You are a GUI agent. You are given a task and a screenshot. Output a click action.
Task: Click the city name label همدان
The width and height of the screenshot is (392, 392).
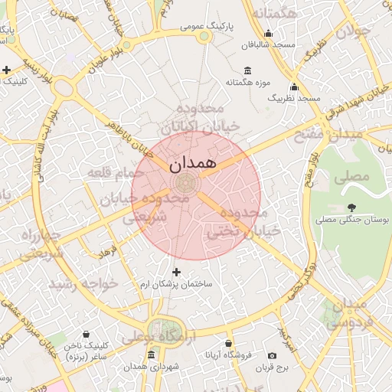point(193,163)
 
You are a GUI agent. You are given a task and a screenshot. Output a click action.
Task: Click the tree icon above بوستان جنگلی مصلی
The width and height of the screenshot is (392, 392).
point(352,207)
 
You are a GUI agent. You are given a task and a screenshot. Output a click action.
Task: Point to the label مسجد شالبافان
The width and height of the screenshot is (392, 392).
point(268,45)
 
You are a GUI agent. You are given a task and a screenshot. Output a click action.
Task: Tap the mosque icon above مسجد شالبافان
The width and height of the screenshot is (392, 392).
point(268,34)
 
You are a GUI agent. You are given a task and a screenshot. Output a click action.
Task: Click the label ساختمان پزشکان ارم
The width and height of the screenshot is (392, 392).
point(178,284)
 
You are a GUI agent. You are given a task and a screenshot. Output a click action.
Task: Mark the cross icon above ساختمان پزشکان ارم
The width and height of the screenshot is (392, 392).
point(177,272)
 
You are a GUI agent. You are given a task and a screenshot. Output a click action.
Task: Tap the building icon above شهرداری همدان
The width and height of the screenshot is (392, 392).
point(151,356)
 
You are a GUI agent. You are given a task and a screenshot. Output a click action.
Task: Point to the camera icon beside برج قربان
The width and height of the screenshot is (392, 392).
point(273,356)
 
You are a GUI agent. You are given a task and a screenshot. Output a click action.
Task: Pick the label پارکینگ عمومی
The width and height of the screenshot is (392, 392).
point(206,25)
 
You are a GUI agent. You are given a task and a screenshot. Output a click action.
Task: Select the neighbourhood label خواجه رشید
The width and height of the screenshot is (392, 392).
point(83,283)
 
